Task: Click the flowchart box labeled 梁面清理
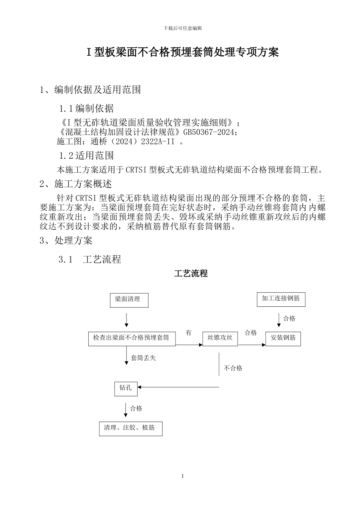point(129,300)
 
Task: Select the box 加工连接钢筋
point(281,299)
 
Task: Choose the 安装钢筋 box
point(283,338)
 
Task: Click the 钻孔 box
point(126,389)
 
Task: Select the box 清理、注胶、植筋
point(130,428)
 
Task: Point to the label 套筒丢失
point(143,358)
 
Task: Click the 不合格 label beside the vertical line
point(233,368)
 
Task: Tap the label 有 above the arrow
point(188,333)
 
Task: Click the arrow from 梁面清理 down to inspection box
point(127,320)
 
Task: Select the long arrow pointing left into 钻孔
point(178,387)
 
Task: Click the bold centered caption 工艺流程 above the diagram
point(191,273)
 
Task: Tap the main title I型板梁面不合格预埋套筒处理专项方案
point(183,52)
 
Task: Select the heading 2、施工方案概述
point(76,184)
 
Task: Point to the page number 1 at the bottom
point(182,476)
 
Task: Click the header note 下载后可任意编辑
point(183,28)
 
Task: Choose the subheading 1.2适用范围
point(86,156)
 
